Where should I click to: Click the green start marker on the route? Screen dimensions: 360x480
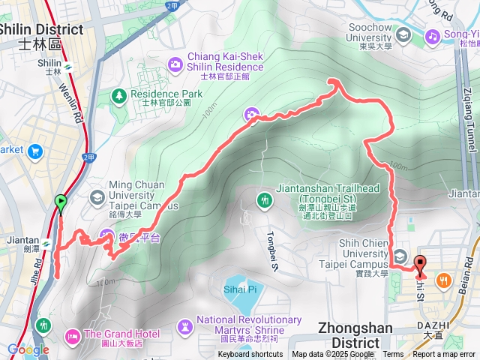click(x=61, y=202)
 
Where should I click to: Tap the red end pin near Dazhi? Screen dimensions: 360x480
click(x=419, y=265)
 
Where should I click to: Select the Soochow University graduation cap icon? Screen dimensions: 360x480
click(x=403, y=35)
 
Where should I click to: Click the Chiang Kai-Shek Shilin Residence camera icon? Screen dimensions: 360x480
click(x=175, y=64)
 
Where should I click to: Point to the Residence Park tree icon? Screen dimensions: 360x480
click(x=118, y=94)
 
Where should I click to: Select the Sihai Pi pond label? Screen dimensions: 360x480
click(x=240, y=288)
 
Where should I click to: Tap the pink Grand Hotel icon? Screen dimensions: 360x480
click(x=73, y=334)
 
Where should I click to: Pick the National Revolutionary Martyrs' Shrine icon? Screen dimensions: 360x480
click(x=184, y=325)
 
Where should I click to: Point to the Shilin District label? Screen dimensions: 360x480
click(x=40, y=29)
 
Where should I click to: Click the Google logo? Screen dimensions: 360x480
click(x=28, y=349)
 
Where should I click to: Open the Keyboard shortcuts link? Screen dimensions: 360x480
click(x=251, y=355)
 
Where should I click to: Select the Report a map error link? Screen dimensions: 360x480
click(x=445, y=355)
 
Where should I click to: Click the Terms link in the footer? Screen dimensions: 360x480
click(x=393, y=355)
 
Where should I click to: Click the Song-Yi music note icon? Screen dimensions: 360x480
click(x=432, y=35)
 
